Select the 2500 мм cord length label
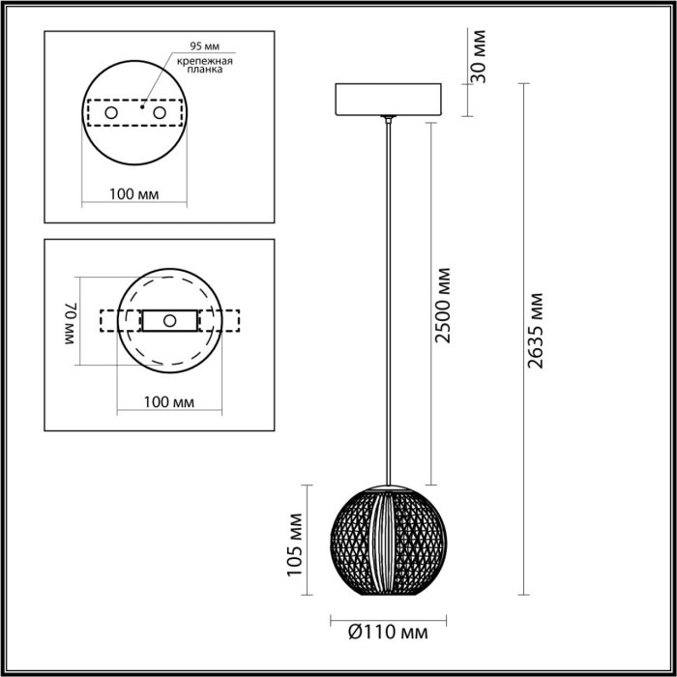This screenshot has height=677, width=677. (443, 309)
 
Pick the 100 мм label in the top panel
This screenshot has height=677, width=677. (134, 194)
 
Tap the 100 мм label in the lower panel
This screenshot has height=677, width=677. (169, 401)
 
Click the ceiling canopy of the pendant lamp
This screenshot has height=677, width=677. (387, 100)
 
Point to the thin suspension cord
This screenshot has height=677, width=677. (388, 290)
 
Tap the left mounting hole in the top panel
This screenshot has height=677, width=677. (111, 114)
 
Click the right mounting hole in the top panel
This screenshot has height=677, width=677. (157, 114)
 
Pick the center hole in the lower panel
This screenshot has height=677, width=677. (169, 320)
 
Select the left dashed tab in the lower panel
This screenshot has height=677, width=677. (107, 320)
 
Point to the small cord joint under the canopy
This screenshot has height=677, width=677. (388, 121)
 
